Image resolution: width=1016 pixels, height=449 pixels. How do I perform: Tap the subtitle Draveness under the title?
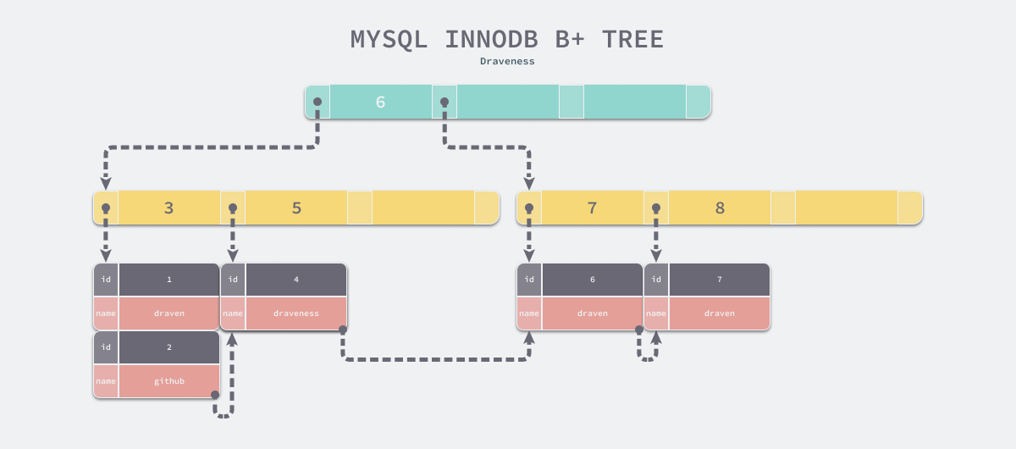(x=507, y=61)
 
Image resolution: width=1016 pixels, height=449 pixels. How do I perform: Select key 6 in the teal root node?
(x=380, y=102)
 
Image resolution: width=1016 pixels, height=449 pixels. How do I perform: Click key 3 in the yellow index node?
(x=168, y=208)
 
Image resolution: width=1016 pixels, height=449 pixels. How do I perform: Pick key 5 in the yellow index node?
(x=296, y=208)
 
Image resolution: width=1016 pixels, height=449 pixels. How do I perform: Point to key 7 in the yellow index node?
(x=592, y=208)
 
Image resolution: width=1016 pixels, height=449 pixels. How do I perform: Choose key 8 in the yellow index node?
(x=720, y=208)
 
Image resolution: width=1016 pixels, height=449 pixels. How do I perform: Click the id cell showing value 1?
(x=168, y=280)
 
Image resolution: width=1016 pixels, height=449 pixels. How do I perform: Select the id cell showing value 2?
(x=168, y=347)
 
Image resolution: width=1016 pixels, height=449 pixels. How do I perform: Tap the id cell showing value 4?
(x=295, y=280)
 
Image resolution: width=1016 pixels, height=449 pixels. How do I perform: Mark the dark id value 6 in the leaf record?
(x=592, y=280)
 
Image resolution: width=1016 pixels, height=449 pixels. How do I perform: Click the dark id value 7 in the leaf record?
(x=719, y=280)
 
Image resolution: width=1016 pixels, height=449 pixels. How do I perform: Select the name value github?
(x=168, y=381)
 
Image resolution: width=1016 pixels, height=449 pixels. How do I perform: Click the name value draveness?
(x=295, y=313)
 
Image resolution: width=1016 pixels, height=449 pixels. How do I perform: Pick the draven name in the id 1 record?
(x=168, y=313)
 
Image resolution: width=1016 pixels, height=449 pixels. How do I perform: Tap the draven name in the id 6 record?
(x=592, y=313)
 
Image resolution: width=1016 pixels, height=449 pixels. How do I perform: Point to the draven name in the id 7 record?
(x=719, y=313)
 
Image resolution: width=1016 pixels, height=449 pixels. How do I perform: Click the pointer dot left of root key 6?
(x=317, y=102)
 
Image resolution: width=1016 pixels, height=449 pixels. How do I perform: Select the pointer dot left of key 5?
(x=233, y=208)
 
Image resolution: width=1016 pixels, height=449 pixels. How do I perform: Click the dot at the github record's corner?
(x=215, y=395)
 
